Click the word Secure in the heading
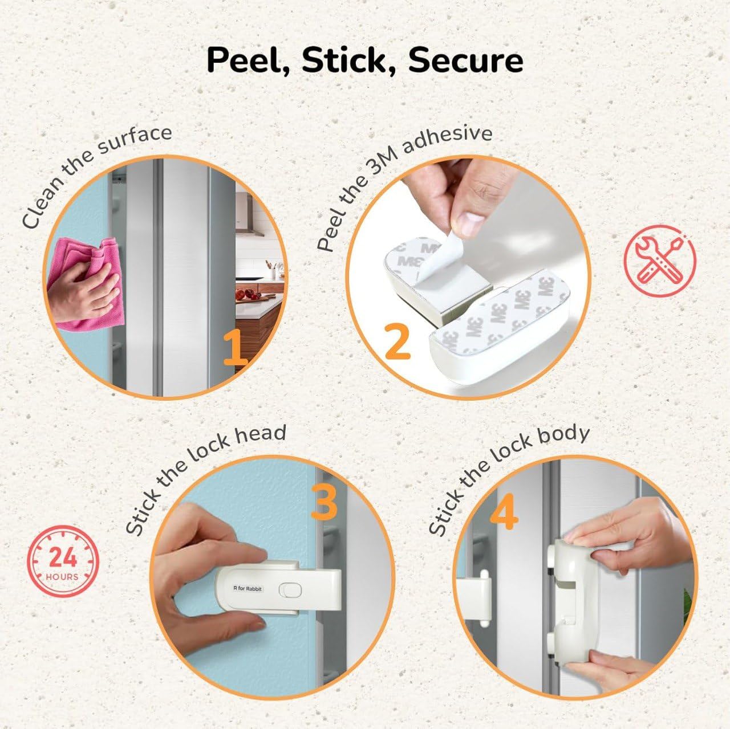(x=465, y=60)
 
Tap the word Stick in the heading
(x=349, y=60)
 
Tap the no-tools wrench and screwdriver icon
(x=659, y=260)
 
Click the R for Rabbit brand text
(x=248, y=588)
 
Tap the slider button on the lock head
(x=290, y=590)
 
